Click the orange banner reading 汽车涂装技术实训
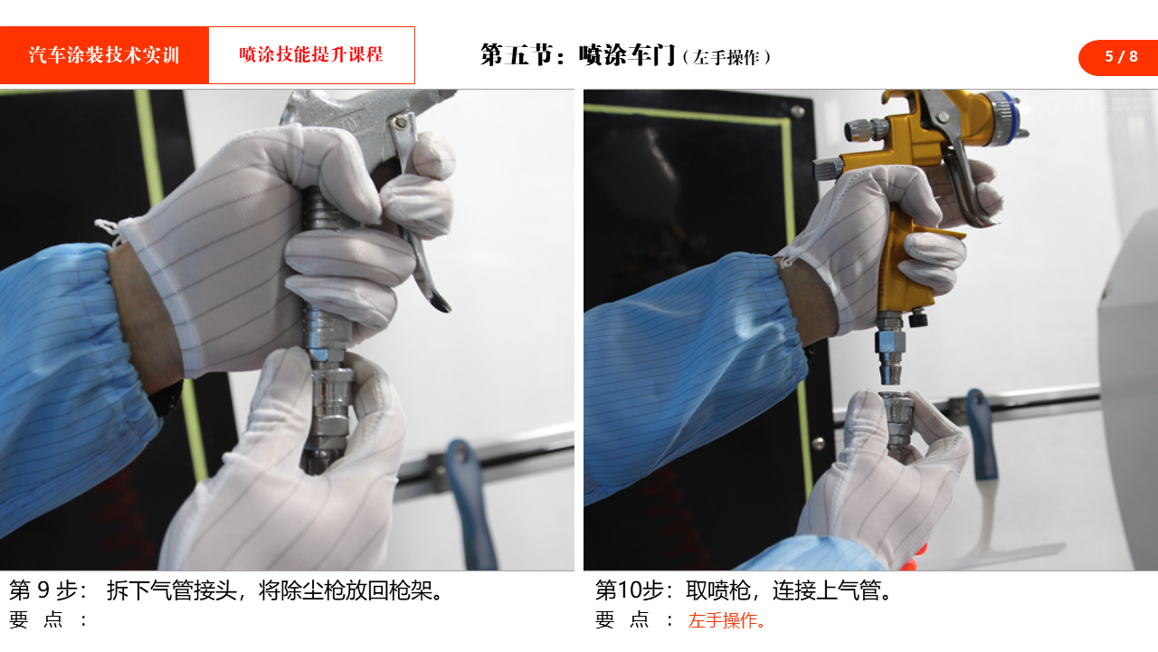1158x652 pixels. (104, 55)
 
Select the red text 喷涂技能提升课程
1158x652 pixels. (311, 54)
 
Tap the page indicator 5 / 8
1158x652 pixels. (1121, 56)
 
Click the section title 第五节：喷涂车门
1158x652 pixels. (577, 55)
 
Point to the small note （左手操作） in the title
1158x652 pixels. (726, 57)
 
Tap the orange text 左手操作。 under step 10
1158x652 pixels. (726, 620)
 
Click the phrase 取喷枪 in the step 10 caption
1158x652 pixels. (717, 590)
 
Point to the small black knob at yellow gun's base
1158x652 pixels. (917, 317)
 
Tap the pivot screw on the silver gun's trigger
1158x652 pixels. (400, 123)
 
